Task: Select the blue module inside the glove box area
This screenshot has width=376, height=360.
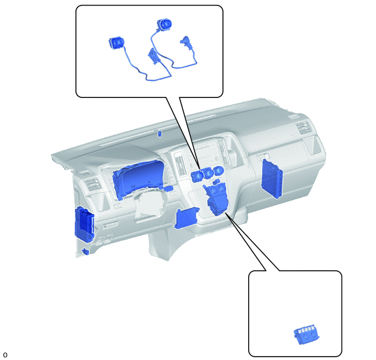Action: tap(272, 178)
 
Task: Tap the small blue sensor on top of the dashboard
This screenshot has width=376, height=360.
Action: tap(159, 133)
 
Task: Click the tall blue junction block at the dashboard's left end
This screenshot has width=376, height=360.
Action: tap(84, 224)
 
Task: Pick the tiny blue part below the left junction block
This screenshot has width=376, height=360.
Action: tap(85, 251)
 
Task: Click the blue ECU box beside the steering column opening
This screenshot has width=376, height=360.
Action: tap(186, 218)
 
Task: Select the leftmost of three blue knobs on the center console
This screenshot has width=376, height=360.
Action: tap(197, 176)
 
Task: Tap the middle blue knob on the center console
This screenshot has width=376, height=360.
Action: tap(208, 173)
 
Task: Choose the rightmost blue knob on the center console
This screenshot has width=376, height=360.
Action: tap(219, 171)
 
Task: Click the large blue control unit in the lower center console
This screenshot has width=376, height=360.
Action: tap(216, 199)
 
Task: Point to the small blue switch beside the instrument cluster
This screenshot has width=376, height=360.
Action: tap(169, 188)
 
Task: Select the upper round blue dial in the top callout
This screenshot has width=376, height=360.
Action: tap(164, 24)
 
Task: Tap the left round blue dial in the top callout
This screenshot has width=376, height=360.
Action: tap(116, 43)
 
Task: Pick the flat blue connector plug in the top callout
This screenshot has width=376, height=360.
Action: tap(152, 56)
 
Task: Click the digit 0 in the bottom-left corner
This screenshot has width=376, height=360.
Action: tap(5, 355)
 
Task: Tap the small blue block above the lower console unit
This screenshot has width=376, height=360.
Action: tap(216, 182)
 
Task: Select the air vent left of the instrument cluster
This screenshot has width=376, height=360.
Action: tap(92, 185)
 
